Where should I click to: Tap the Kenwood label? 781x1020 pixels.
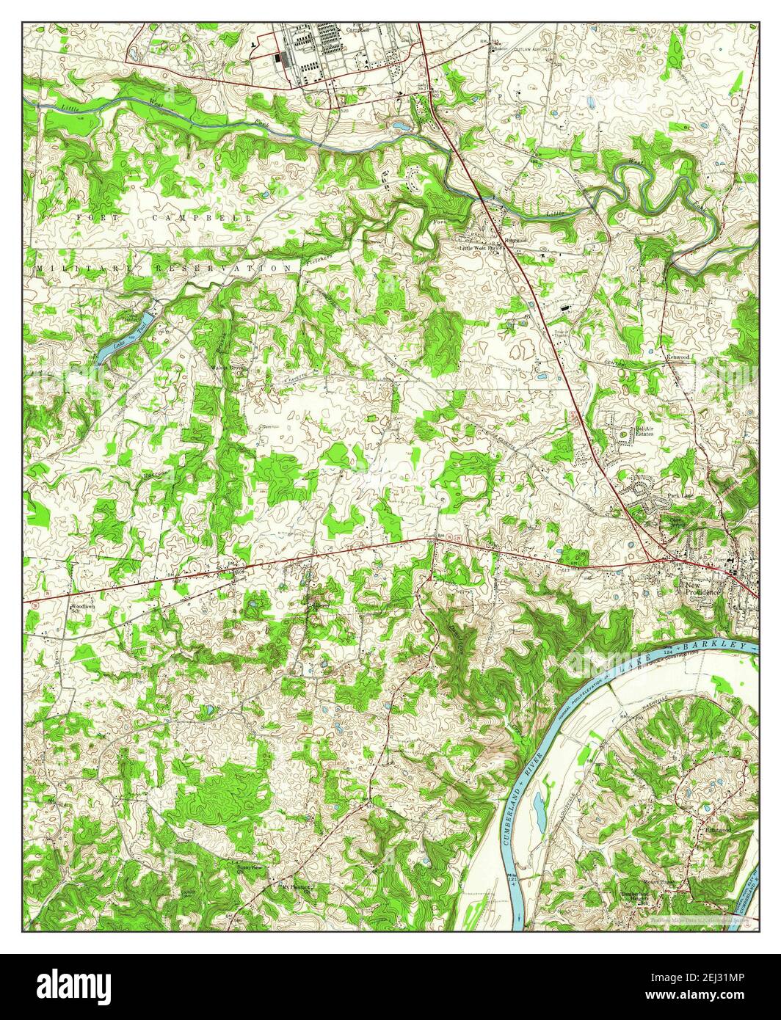(678, 357)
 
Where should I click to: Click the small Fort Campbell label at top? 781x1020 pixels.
(358, 29)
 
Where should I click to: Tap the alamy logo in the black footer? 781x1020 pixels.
(74, 983)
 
